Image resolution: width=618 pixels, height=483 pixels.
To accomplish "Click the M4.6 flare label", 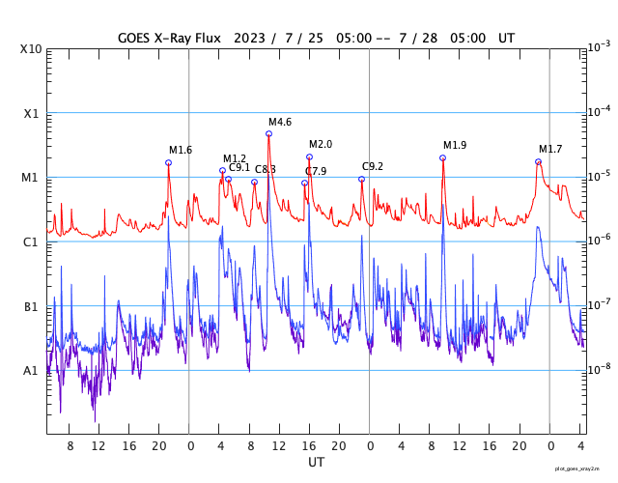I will coord(280,122).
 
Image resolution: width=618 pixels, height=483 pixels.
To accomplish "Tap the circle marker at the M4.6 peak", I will coord(268,133).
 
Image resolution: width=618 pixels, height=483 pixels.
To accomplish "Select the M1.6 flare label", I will coord(181,150).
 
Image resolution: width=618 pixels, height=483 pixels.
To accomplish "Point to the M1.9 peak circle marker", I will coord(442,157).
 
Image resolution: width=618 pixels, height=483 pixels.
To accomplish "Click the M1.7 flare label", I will coord(550,149).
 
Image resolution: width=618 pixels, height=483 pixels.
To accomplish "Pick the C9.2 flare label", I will coord(373,166).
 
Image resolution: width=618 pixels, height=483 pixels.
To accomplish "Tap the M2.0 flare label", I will coord(321,144).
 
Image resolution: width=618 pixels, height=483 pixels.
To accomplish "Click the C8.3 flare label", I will coord(266,169).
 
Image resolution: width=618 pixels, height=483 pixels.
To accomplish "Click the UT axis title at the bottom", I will coord(316,463).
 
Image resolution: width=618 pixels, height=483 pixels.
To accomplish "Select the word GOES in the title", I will coord(138,37).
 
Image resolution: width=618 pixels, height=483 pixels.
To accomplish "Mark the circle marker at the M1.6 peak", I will coord(168,162).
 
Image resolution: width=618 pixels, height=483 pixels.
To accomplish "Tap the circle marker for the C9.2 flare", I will coord(361,179).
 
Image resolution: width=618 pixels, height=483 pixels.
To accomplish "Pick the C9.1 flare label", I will coord(239,167).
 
